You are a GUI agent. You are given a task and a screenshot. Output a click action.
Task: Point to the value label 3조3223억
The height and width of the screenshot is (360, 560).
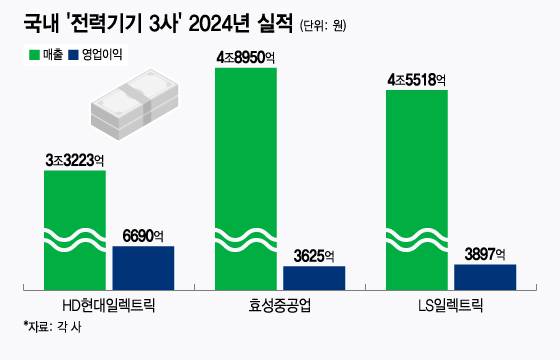tap(74, 159)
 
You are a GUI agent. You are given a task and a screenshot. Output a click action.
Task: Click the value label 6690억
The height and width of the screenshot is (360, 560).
tap(143, 233)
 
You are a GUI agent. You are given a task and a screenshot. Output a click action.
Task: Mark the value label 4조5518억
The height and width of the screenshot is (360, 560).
tap(416, 79)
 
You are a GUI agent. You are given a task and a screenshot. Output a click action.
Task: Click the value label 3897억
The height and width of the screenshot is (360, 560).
tap(484, 253)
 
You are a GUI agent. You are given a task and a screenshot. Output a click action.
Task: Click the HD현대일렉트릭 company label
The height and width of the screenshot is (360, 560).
tap(109, 305)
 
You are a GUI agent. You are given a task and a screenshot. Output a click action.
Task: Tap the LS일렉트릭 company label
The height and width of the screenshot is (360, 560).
tap(450, 305)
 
